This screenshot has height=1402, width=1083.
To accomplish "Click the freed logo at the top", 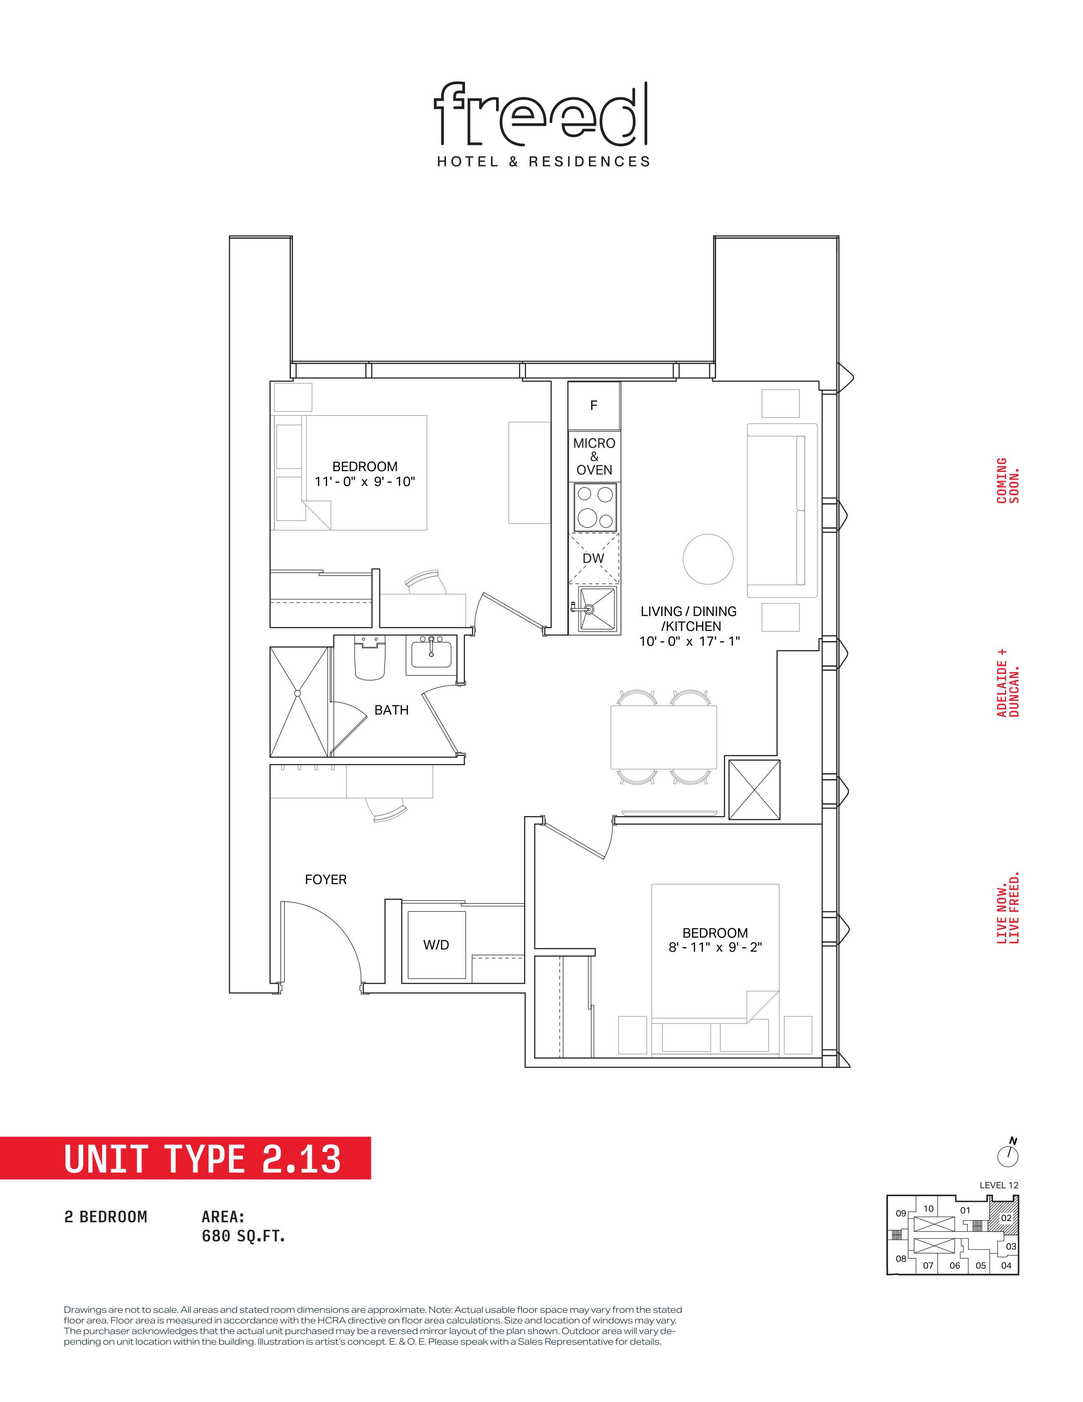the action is click(541, 113).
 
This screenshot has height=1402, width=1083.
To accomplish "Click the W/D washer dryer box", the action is click(436, 944).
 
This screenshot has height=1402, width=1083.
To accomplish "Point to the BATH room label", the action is click(392, 710).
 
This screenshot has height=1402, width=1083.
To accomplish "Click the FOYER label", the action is click(325, 879).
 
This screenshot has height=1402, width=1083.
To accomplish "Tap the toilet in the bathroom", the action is click(369, 658).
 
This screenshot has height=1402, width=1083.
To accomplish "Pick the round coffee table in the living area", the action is click(708, 559).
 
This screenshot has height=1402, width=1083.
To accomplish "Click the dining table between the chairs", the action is click(663, 737).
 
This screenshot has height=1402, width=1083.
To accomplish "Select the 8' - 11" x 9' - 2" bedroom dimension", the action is click(715, 947).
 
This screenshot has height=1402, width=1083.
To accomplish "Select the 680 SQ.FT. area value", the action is click(243, 1236).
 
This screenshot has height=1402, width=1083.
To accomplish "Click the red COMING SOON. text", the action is click(1007, 480).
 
